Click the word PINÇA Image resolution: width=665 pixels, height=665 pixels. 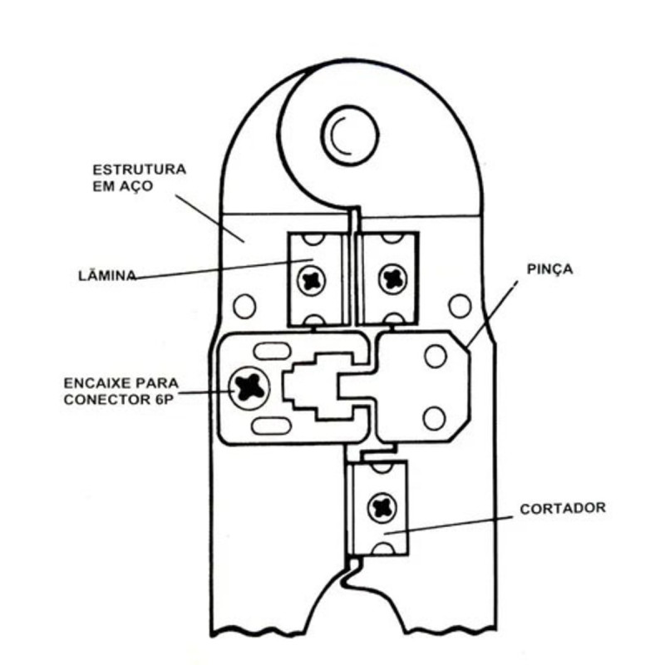point(549,269)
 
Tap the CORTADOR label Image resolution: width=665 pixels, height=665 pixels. point(563,508)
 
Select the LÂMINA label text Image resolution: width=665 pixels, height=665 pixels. point(108,275)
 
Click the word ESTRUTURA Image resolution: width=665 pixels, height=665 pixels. point(140,170)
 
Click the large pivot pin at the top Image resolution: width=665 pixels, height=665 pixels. point(349,135)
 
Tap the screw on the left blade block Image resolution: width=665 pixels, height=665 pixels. point(312,279)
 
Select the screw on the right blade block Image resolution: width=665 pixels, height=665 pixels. point(392,278)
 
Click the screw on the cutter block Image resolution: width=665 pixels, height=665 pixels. point(382,508)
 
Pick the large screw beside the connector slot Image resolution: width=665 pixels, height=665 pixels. point(249,388)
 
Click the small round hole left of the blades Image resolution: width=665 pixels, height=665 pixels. point(244,306)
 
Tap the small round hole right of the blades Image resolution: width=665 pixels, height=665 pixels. point(461,306)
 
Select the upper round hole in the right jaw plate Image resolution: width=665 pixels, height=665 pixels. point(436,357)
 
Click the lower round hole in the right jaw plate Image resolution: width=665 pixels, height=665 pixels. point(435,419)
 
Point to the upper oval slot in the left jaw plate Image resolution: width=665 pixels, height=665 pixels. point(272,351)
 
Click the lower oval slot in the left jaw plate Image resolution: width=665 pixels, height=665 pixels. point(272,426)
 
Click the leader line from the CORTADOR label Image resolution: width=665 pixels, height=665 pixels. point(449,525)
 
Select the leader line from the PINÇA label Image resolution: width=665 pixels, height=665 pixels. point(492,314)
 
